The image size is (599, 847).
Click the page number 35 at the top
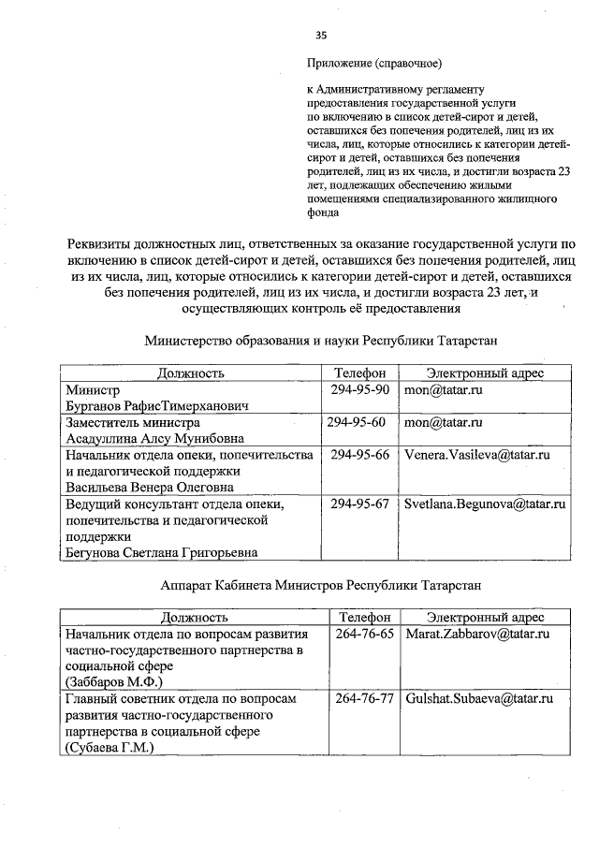tap(321, 36)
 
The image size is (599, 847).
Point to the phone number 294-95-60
tap(357, 422)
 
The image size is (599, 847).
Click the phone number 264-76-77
tap(363, 699)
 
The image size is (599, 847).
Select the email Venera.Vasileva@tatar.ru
tap(475, 455)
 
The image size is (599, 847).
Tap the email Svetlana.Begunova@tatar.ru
tap(485, 504)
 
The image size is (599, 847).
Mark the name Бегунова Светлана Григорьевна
tap(160, 552)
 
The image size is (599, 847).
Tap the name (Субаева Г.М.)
tap(108, 748)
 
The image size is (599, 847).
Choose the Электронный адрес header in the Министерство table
tap(485, 372)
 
